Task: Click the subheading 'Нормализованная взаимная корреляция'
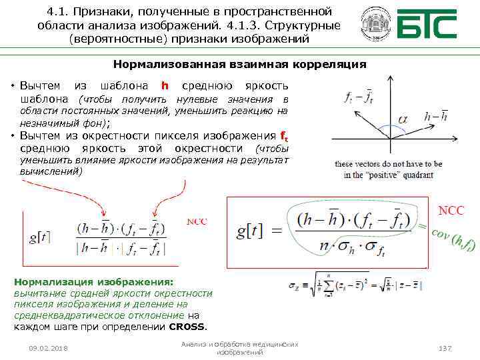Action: tap(239, 65)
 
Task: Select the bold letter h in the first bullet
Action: tap(165, 87)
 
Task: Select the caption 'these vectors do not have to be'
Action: tap(388, 164)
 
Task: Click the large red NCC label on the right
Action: tap(451, 211)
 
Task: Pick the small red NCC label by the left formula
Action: tap(197, 221)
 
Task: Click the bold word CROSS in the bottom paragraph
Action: tap(187, 327)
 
